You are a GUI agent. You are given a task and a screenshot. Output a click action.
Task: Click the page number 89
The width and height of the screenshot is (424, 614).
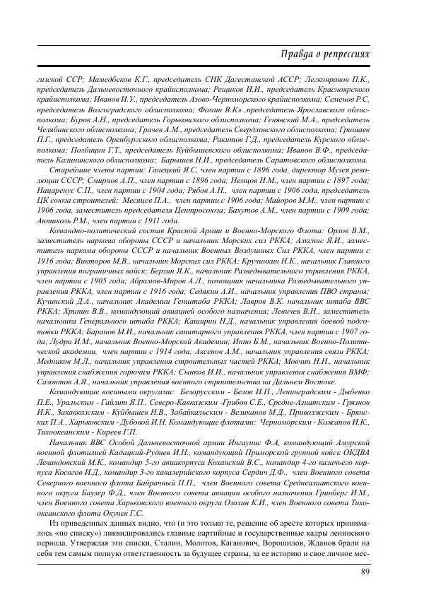click(366, 571)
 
